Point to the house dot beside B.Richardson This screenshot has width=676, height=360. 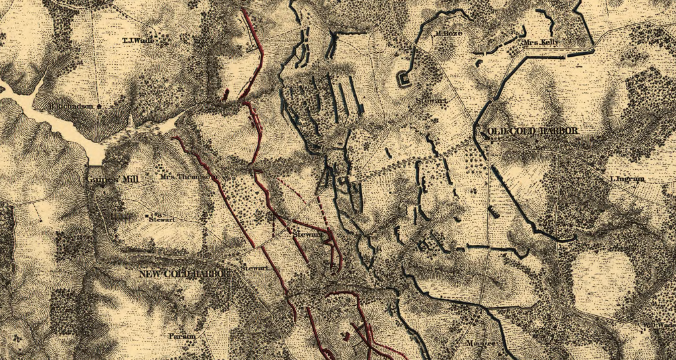tap(99, 106)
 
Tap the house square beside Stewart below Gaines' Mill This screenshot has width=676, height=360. tap(147, 216)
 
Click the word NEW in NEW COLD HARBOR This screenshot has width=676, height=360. tap(151, 274)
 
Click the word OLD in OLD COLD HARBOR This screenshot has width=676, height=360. tap(499, 131)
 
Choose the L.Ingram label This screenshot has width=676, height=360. tap(626, 179)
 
